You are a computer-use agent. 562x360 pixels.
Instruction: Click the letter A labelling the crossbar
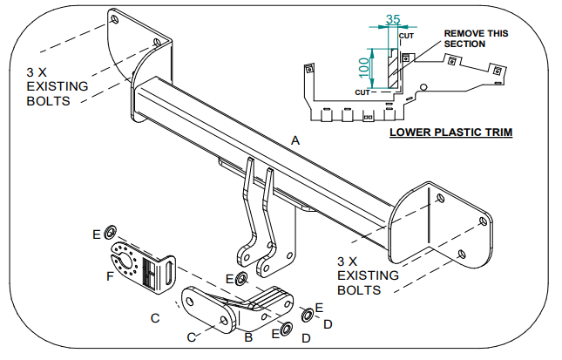295,140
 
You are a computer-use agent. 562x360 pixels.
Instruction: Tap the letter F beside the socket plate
109,276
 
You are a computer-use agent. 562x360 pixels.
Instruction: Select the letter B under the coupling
248,335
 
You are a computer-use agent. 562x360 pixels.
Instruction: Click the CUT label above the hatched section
406,36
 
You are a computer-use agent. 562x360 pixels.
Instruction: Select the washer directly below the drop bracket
241,279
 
